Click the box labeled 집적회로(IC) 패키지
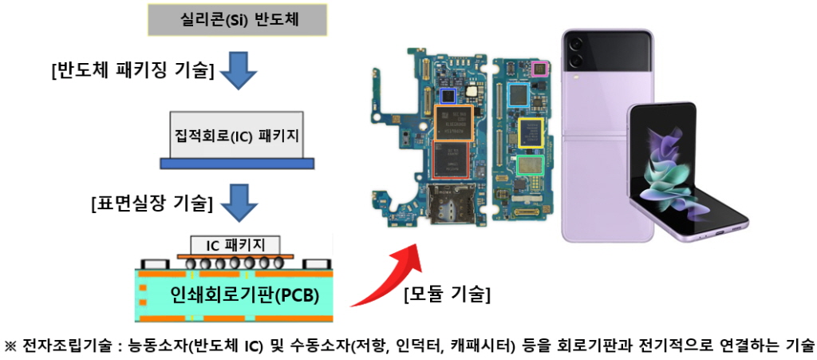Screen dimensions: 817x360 tap(236, 134)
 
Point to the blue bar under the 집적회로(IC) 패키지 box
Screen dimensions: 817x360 tap(237, 163)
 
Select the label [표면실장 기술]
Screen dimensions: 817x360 tap(152, 204)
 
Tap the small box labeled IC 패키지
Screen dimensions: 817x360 tap(235, 244)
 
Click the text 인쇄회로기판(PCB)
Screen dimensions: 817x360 tap(244, 296)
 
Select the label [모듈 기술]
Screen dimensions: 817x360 tap(448, 295)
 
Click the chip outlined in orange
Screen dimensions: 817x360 tap(453, 122)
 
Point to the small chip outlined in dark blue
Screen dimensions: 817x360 tap(448, 95)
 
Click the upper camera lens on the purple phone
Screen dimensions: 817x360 tap(574, 44)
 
